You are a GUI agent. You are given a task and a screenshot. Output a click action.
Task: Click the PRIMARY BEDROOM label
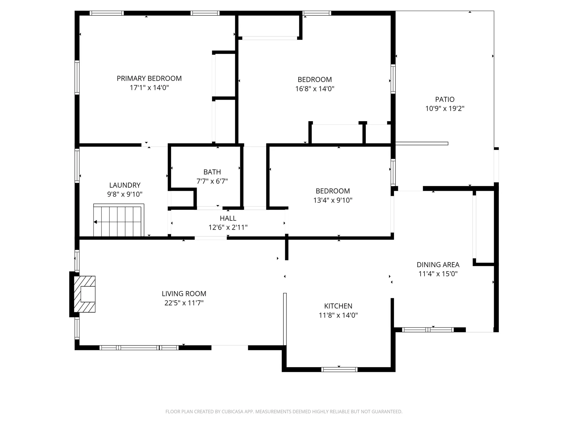pyautogui.click(x=149, y=78)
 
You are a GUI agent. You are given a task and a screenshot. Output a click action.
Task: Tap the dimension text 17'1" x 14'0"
pyautogui.click(x=149, y=88)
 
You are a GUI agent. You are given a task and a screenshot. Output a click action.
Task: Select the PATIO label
pyautogui.click(x=445, y=99)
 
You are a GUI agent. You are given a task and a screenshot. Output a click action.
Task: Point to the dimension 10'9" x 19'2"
pyautogui.click(x=445, y=109)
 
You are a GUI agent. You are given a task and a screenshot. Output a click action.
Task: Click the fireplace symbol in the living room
pyautogui.click(x=85, y=294)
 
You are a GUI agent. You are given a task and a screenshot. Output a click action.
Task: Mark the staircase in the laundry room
pyautogui.click(x=119, y=220)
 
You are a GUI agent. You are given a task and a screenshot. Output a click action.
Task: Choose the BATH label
pyautogui.click(x=212, y=172)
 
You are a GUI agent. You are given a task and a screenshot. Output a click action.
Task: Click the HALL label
pyautogui.click(x=228, y=218)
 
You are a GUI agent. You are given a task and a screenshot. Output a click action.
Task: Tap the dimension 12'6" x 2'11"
pyautogui.click(x=228, y=227)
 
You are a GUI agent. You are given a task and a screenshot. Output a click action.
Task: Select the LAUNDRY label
pyautogui.click(x=125, y=185)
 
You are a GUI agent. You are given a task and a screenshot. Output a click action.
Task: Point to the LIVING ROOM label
pyautogui.click(x=184, y=294)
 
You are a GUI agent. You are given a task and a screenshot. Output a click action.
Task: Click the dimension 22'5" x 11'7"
pyautogui.click(x=184, y=303)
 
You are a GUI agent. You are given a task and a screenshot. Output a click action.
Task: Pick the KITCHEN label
pyautogui.click(x=338, y=306)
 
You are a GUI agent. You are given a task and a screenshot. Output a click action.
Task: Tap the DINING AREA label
pyautogui.click(x=438, y=265)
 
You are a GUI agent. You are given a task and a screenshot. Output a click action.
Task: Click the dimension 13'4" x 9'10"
pyautogui.click(x=333, y=200)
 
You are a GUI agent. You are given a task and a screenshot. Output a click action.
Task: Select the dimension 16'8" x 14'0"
pyautogui.click(x=315, y=89)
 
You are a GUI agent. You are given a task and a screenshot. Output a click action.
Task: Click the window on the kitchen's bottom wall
pyautogui.click(x=339, y=369)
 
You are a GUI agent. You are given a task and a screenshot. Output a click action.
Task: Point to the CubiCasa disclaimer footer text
pyautogui.click(x=284, y=412)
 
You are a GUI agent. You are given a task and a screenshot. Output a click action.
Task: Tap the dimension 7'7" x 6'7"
pyautogui.click(x=212, y=181)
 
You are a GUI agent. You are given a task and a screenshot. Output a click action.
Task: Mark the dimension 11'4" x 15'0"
pyautogui.click(x=438, y=274)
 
